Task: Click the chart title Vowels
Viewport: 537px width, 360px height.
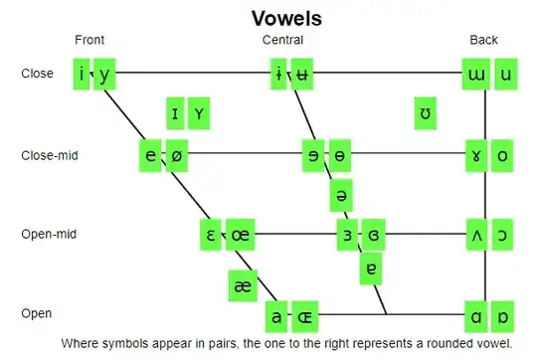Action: (285, 18)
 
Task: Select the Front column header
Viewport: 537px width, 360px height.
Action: (89, 40)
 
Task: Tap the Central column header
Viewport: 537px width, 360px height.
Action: (282, 40)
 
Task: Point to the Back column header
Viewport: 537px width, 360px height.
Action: (484, 40)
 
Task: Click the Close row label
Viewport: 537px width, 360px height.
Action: (37, 74)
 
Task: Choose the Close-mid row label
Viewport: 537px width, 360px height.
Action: (50, 155)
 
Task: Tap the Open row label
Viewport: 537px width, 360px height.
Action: (37, 314)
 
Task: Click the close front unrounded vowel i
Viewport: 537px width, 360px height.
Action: (82, 74)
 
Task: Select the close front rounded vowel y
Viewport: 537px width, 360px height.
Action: (105, 74)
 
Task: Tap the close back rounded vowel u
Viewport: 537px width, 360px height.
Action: (506, 74)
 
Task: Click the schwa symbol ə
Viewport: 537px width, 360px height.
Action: (341, 195)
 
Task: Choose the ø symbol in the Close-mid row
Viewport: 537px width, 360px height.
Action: (176, 155)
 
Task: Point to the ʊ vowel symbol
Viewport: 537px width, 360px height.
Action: (426, 114)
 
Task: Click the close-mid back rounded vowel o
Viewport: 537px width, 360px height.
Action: (503, 155)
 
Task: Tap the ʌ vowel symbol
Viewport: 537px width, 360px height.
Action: (478, 236)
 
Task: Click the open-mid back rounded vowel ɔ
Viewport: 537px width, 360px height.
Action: (503, 236)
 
